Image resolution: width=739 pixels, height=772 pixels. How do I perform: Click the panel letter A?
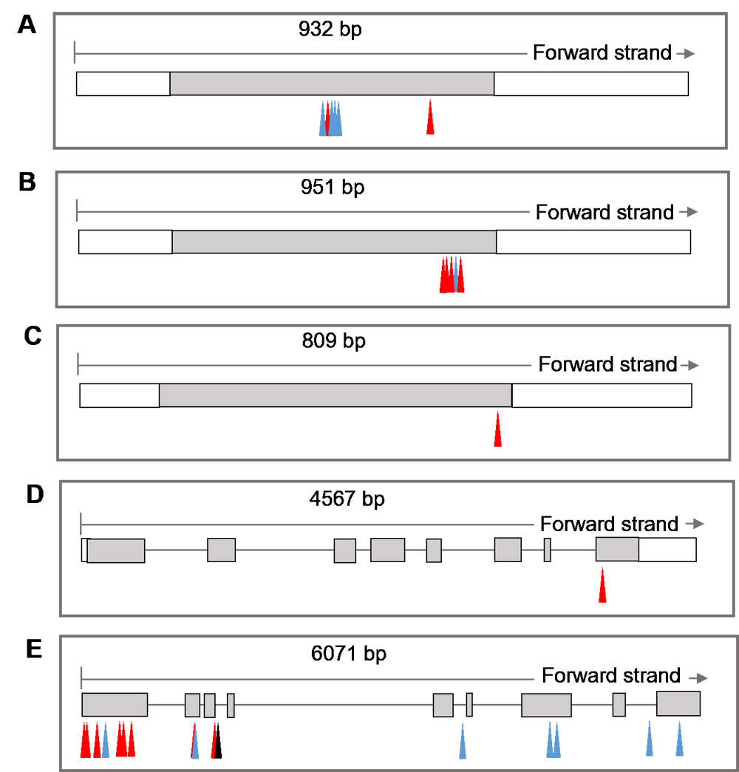27,24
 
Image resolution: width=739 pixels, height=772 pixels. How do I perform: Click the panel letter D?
35,494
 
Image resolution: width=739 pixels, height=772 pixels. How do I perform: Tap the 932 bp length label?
330,30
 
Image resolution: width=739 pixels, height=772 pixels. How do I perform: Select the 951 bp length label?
333,188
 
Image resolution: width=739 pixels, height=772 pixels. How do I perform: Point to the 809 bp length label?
333,341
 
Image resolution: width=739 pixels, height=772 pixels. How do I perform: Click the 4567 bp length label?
347,499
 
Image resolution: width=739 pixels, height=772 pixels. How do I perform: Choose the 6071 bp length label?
349,654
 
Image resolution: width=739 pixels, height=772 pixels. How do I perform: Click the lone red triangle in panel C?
497,429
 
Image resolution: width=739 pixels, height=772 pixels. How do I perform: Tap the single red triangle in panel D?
602,585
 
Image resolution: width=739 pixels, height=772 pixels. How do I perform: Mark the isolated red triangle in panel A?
430,117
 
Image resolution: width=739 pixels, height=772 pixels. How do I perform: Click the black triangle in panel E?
218,741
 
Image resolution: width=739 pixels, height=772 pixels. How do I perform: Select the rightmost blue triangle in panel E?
679,739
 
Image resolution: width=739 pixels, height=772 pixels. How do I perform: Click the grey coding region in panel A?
332,83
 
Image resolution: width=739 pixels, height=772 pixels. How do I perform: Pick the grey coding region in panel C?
336,395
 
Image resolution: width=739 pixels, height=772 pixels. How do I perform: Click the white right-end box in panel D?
667,550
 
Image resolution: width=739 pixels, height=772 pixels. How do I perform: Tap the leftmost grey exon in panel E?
115,705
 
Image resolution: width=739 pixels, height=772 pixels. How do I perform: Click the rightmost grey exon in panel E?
678,703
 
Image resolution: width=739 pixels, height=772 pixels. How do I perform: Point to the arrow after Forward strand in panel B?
689,212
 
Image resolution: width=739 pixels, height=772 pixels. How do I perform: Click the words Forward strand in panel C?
607,364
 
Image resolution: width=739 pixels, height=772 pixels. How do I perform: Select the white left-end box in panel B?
126,242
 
